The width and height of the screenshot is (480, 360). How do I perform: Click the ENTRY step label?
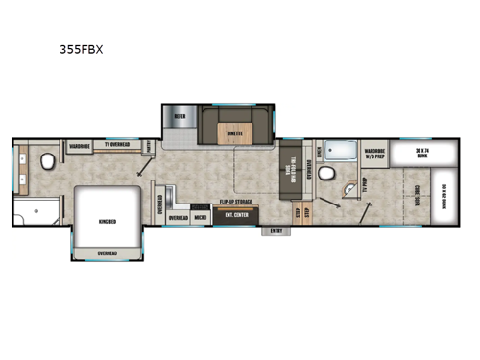pyautogui.click(x=276, y=230)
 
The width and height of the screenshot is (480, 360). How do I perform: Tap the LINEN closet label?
pyautogui.click(x=317, y=150)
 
